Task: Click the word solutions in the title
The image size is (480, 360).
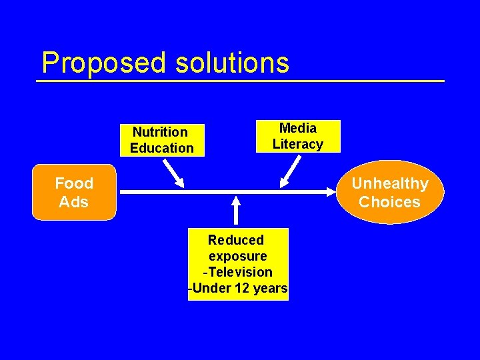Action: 233,63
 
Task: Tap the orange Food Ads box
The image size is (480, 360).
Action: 74,192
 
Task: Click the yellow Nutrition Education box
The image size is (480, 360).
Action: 162,140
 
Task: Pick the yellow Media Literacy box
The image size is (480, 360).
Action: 298,136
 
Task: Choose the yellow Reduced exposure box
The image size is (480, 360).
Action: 238,264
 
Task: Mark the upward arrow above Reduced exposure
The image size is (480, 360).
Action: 237,211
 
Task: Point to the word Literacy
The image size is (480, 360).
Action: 297,144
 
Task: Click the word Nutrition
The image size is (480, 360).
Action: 160,132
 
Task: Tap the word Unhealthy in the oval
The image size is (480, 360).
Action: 389,183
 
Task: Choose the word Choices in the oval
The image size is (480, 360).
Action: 389,201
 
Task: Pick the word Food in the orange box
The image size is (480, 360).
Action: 74,183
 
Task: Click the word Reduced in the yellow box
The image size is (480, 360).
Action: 236,240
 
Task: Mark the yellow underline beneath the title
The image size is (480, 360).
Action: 240,81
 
